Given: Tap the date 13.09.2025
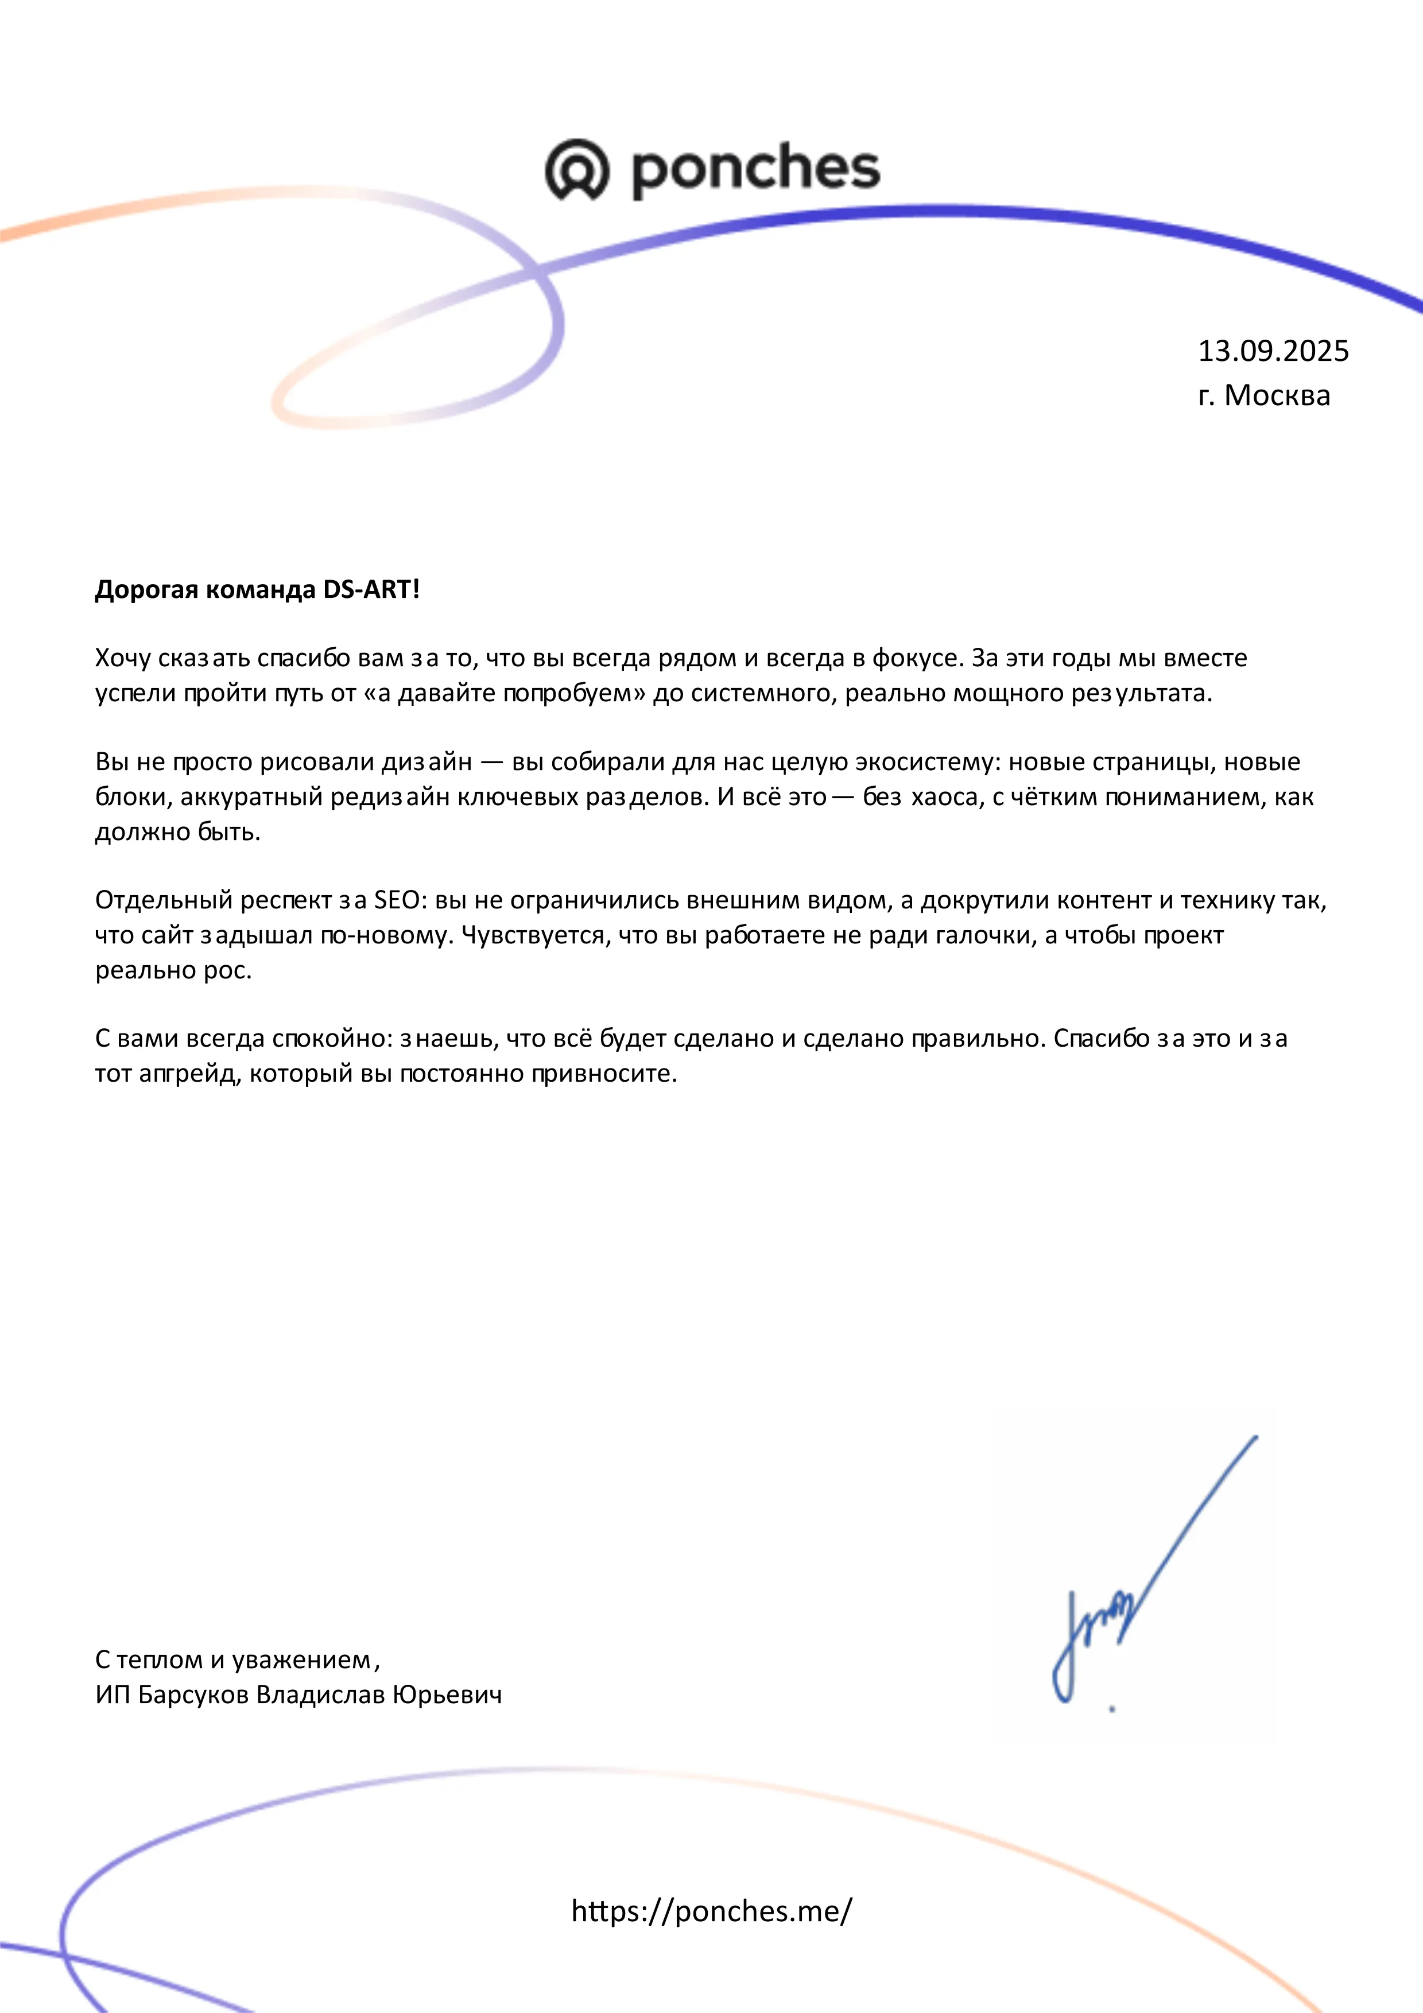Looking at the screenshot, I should coord(1273,351).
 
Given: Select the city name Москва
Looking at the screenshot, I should coord(1277,395).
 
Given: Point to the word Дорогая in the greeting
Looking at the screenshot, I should coord(146,589).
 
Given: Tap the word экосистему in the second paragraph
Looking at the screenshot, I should coord(926,763).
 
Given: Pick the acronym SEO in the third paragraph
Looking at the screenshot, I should coord(396,900).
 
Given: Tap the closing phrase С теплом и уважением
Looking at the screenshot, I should coord(236,1660).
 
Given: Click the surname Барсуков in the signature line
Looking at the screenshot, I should coord(194,1695).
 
